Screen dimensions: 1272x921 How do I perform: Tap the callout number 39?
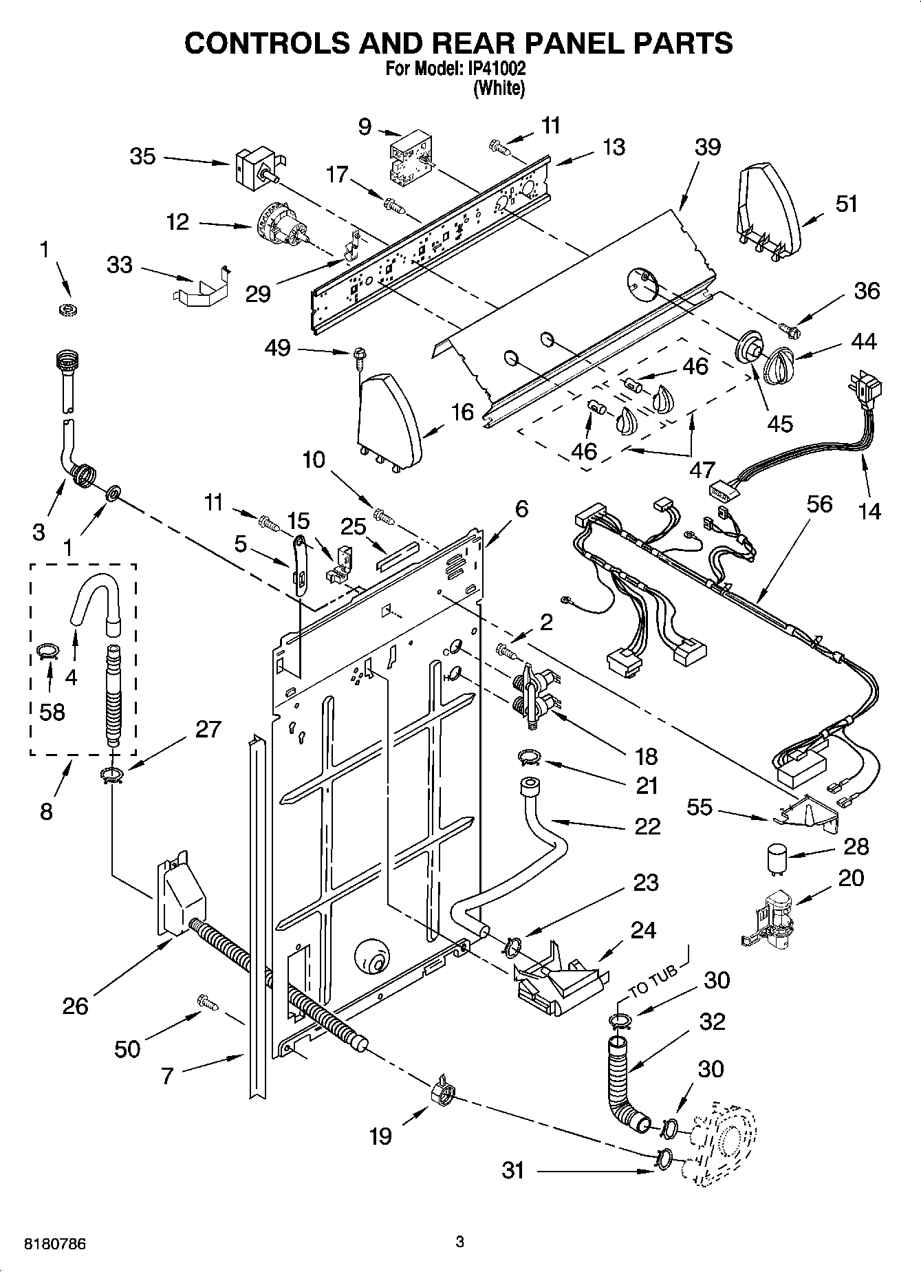point(707,147)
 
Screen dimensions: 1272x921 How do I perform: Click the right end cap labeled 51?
point(769,206)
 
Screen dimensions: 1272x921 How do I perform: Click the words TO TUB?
point(652,979)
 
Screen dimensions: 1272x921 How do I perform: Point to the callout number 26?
point(75,1006)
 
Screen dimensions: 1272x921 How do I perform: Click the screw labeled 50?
point(206,1002)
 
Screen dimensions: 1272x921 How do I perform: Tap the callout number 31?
point(513,1169)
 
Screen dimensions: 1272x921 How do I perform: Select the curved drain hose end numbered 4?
point(96,593)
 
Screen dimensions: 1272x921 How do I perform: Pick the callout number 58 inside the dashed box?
point(52,711)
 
